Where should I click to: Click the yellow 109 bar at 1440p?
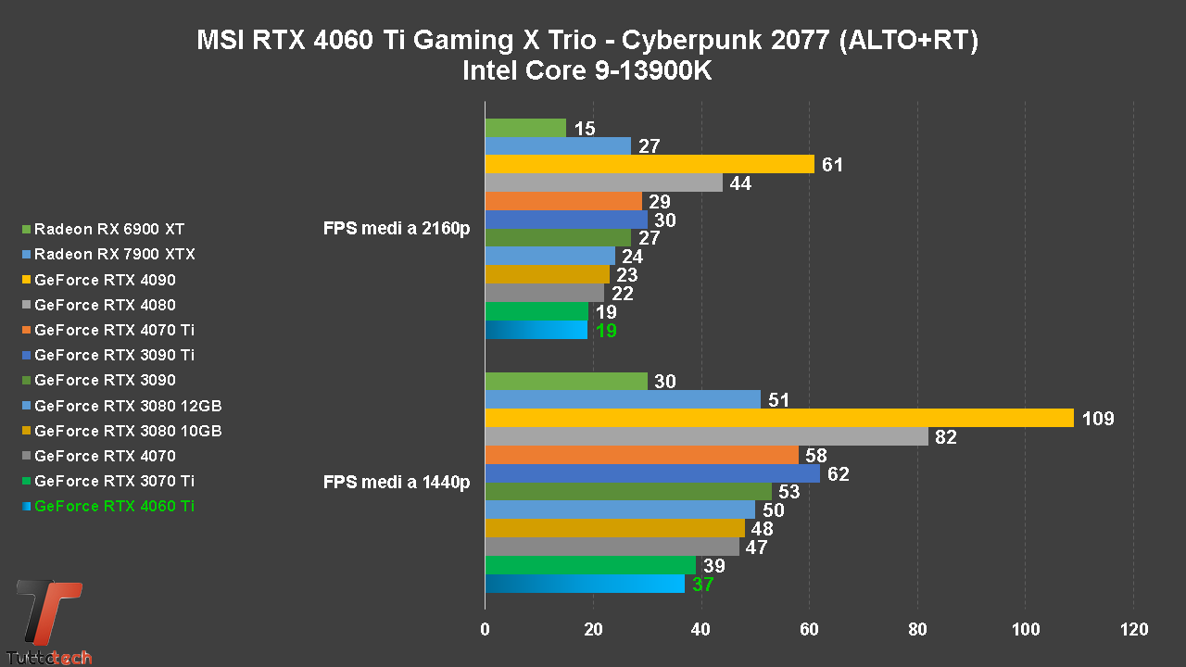point(778,418)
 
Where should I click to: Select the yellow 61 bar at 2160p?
point(649,164)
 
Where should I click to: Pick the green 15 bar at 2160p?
point(525,128)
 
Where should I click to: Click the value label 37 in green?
point(702,585)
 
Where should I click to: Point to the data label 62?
point(839,474)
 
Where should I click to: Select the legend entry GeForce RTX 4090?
point(105,280)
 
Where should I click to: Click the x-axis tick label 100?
point(1025,630)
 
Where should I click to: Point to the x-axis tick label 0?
point(485,630)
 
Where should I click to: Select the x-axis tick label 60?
point(809,630)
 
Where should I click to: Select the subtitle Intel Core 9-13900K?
point(587,70)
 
